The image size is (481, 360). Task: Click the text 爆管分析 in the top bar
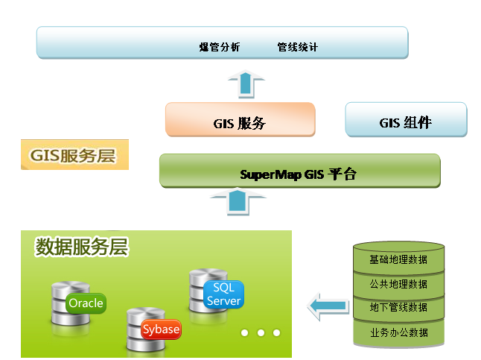click(220, 47)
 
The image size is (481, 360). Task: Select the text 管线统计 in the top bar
click(298, 47)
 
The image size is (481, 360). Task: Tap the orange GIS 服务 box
click(241, 119)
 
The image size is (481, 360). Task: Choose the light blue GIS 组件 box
click(406, 119)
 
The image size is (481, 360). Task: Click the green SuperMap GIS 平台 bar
click(300, 171)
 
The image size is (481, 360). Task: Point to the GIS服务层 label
click(74, 154)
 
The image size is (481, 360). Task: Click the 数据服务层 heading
click(82, 247)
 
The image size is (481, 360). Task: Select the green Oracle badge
click(86, 303)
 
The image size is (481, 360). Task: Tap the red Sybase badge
click(161, 329)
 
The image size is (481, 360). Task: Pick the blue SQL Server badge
click(223, 294)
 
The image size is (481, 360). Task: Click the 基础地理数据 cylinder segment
click(398, 258)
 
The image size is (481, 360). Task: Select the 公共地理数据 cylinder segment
click(398, 285)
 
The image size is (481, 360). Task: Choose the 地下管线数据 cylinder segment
click(398, 308)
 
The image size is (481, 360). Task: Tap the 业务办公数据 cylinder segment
click(398, 333)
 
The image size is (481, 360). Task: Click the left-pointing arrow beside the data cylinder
click(328, 306)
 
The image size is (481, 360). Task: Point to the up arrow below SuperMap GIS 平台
click(238, 201)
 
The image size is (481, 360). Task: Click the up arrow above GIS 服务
click(246, 84)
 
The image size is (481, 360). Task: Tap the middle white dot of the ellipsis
click(261, 332)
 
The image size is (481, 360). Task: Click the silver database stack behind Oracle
click(71, 303)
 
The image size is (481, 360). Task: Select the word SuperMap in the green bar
click(270, 174)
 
